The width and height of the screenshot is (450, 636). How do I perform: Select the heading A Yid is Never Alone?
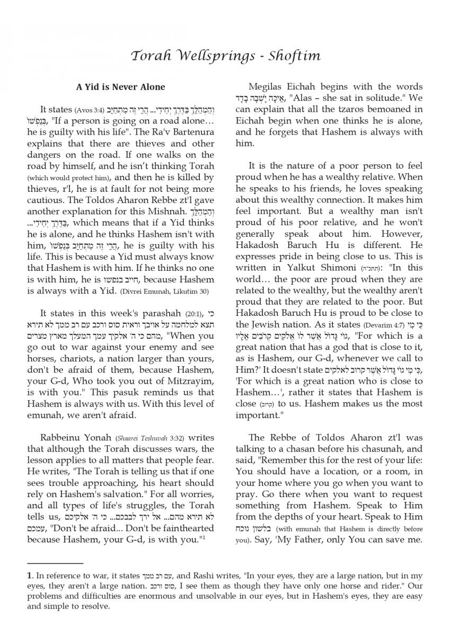120,87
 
